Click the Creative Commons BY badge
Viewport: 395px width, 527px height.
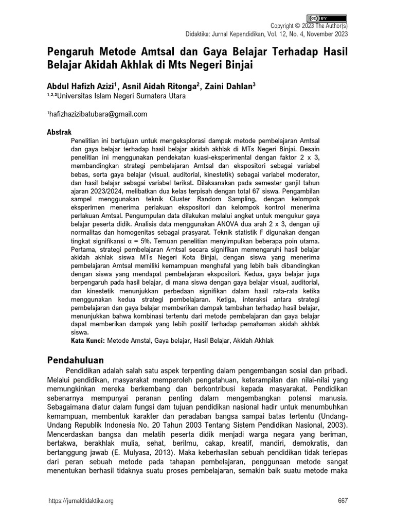coord(328,17)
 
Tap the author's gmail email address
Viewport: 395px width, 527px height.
coord(98,114)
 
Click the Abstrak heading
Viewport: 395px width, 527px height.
coord(59,132)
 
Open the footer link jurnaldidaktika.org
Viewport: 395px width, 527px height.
coord(80,501)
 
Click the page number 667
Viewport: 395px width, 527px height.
coord(343,501)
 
